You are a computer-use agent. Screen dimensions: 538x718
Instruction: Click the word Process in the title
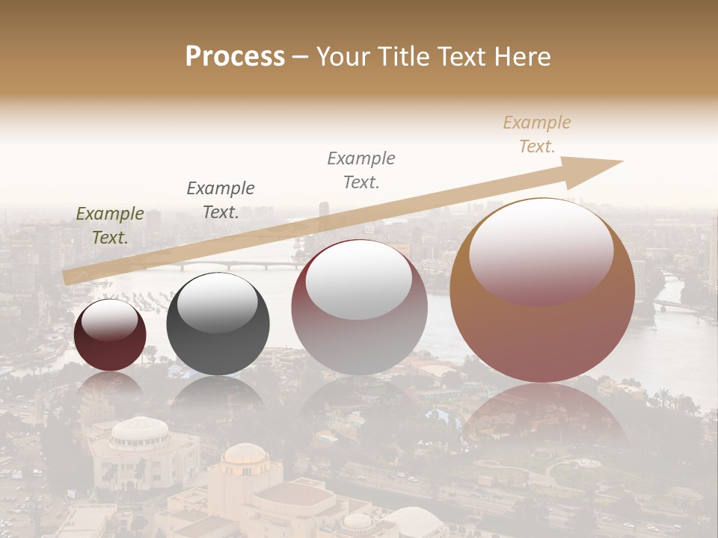tap(235, 57)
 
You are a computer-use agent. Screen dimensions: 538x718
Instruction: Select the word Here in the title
tap(521, 57)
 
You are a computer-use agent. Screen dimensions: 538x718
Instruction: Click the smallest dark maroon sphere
tap(110, 335)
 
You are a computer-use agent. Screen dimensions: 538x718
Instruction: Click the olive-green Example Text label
tap(110, 226)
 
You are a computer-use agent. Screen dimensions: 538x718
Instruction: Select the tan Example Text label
tap(537, 134)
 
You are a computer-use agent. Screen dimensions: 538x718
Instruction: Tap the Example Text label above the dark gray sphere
tap(221, 200)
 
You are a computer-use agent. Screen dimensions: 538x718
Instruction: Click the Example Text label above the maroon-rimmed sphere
tap(361, 170)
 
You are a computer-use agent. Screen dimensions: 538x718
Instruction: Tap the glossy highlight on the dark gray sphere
tap(217, 303)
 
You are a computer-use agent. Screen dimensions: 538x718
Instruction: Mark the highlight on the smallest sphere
tap(110, 320)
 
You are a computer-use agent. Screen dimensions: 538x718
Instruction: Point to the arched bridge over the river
tap(224, 265)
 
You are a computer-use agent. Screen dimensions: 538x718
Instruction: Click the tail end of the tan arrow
tap(69, 277)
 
